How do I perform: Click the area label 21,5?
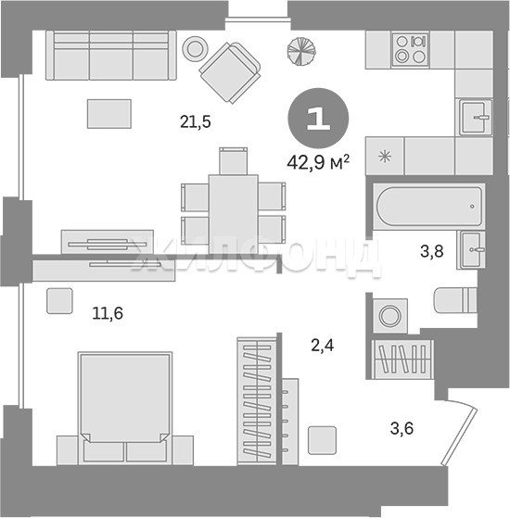pos(196,122)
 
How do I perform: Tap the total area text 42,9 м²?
pos(318,162)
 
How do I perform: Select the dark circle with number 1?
pos(318,118)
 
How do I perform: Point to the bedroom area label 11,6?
pos(108,313)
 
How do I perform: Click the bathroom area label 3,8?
pos(432,251)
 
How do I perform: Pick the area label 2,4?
pos(323,346)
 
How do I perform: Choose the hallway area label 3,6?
pos(402,428)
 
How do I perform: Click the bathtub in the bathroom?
pos(429,207)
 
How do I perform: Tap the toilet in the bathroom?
pos(455,300)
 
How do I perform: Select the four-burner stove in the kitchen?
pos(410,50)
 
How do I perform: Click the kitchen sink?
pos(474,118)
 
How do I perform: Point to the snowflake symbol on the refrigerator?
pos(385,156)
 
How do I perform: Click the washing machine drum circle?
pos(390,316)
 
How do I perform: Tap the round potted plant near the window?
pos(301,51)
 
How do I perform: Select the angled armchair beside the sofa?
pos(230,72)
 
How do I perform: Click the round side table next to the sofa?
pos(195,48)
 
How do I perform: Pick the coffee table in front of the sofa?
pos(109,114)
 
